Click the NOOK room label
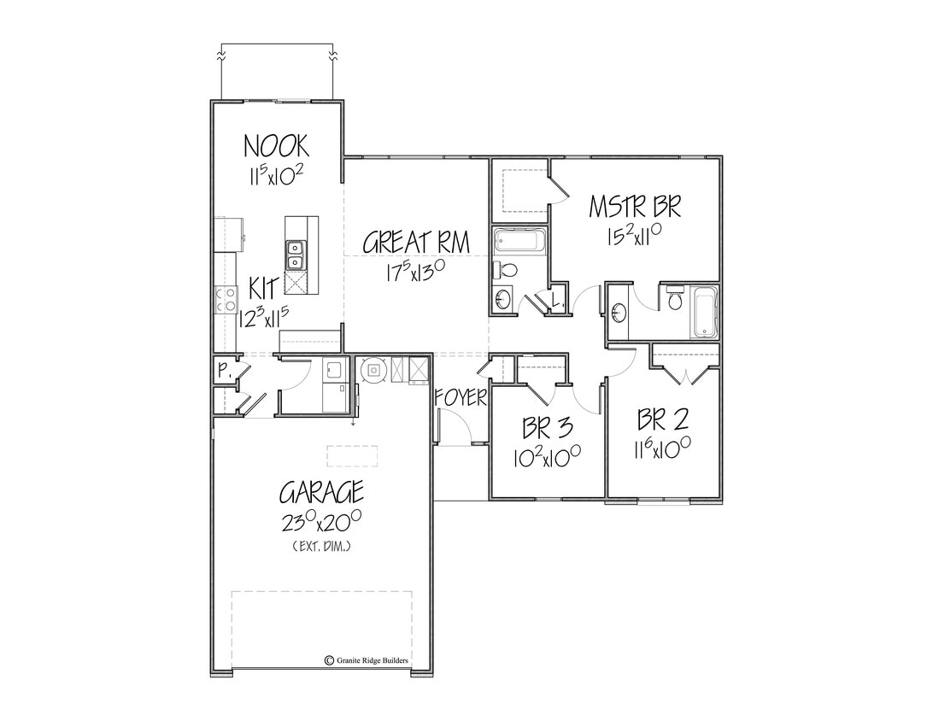[x=276, y=146]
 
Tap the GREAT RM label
[x=416, y=243]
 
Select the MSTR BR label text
[x=635, y=207]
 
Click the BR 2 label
[x=663, y=420]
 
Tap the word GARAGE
[x=321, y=493]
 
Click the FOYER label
[x=461, y=397]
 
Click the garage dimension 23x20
[x=321, y=520]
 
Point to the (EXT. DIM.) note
[x=321, y=545]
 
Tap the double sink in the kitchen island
[x=295, y=255]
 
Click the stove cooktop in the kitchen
[x=227, y=299]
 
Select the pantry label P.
[x=222, y=371]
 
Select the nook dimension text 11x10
[x=276, y=176]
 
